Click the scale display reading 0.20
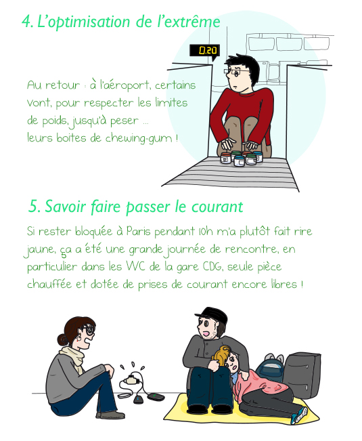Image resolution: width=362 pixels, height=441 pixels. click(x=204, y=51)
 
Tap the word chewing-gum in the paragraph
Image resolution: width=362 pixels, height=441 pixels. click(x=139, y=138)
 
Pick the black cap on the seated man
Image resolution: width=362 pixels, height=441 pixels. click(x=212, y=314)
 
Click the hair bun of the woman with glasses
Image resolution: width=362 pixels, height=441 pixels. click(x=62, y=339)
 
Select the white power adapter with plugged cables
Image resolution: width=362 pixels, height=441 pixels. click(x=131, y=379)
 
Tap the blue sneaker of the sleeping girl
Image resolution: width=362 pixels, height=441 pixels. click(x=299, y=415)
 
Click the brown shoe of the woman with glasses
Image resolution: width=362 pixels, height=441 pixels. click(x=111, y=415)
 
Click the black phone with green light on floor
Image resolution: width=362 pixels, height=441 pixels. click(x=156, y=397)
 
